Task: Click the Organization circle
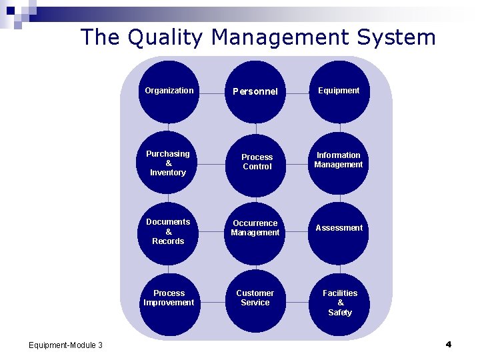[x=169, y=91]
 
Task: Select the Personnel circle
[x=255, y=91]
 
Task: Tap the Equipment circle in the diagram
[x=339, y=91]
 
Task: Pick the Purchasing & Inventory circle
[x=169, y=163]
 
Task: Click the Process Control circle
[x=257, y=163]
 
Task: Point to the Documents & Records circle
[x=169, y=232]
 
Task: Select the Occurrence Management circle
[x=255, y=229]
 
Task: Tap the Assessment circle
[x=339, y=229]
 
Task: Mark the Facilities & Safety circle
[x=339, y=302]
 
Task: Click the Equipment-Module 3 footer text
[x=66, y=345]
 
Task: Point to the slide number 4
[x=448, y=344]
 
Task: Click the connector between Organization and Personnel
[x=212, y=92]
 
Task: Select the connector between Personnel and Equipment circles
[x=297, y=92]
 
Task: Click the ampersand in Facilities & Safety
[x=340, y=303]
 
